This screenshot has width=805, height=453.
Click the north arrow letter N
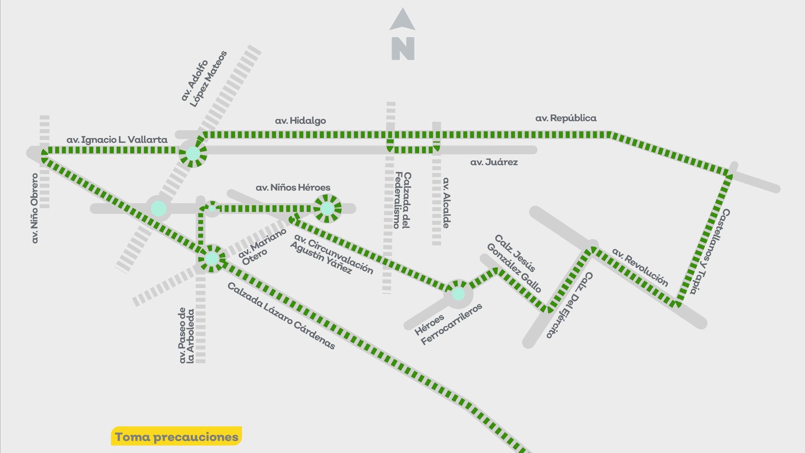pos(402,49)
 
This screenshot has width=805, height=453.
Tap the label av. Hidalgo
pos(300,121)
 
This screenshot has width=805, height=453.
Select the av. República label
pos(566,118)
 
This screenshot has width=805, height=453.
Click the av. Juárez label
pos(494,162)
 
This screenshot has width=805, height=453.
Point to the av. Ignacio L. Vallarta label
pos(117,140)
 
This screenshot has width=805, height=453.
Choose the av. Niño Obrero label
pos(35,208)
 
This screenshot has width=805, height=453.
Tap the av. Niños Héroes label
pos(293,187)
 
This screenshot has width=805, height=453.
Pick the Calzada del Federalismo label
pos(402,200)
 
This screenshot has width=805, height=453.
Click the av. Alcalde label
pos(446,203)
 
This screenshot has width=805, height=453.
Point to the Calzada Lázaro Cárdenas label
pos(281,315)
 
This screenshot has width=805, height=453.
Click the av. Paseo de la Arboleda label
pos(186,336)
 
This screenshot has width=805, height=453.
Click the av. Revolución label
pos(640,267)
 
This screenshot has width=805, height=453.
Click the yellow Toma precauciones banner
pos(177,437)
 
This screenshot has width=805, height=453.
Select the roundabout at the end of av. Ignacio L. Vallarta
pos(193,153)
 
